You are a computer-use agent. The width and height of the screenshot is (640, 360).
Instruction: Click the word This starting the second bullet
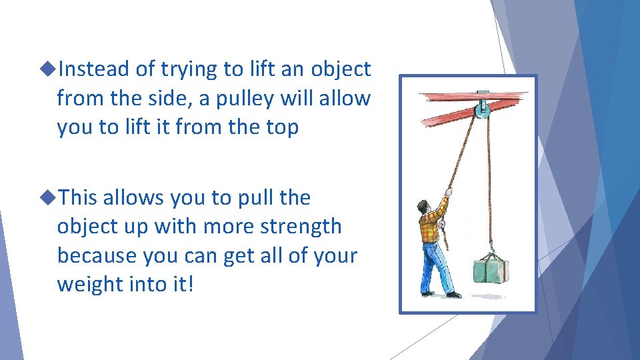(x=78, y=197)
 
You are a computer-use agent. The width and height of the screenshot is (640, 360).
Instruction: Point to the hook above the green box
(x=491, y=250)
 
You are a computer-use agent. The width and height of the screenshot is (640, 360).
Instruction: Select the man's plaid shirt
(x=432, y=225)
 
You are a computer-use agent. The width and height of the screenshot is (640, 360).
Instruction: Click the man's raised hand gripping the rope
(x=449, y=192)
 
